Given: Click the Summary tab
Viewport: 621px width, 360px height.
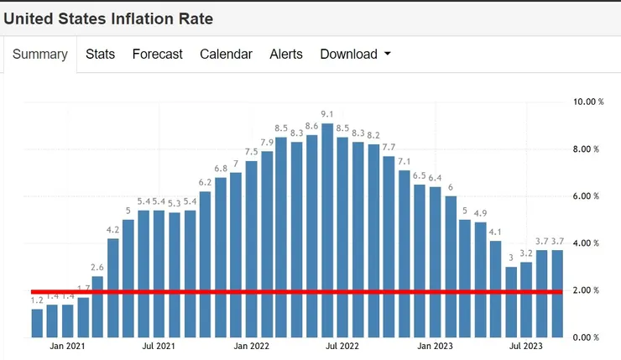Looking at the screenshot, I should click(x=40, y=54).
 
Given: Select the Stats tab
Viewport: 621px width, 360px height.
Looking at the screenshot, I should click(x=100, y=54).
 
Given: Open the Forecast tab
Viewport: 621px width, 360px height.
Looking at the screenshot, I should click(x=157, y=54).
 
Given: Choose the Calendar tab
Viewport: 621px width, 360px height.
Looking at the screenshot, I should click(x=226, y=54).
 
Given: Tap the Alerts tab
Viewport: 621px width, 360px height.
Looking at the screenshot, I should click(x=286, y=54).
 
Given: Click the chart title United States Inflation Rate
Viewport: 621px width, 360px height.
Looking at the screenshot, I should click(x=108, y=18).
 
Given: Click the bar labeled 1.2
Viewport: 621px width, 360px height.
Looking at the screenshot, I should click(x=37, y=323).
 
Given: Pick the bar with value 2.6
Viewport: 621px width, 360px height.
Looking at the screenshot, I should click(x=98, y=307).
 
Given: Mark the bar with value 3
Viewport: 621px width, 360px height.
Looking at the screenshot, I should click(x=511, y=302).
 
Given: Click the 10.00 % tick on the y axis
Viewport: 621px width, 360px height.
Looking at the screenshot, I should click(x=587, y=102).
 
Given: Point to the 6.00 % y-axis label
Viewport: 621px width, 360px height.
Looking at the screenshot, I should click(x=587, y=196).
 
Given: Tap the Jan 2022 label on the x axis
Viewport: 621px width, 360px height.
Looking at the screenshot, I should click(x=251, y=345).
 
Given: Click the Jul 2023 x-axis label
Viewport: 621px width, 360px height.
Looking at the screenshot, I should click(x=525, y=345).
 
